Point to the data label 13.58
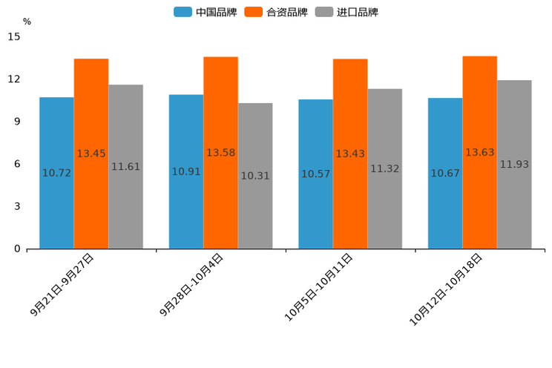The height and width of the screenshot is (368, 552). [220, 153]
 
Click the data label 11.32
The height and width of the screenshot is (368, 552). [384, 169]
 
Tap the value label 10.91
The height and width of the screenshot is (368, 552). [186, 172]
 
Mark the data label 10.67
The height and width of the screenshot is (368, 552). [445, 174]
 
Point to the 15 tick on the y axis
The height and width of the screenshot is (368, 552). [14, 36]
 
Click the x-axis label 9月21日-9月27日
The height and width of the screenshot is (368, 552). [62, 285]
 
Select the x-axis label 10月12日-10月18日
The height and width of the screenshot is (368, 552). [446, 289]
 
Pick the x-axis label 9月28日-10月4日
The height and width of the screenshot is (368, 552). [191, 285]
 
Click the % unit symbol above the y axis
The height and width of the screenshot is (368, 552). [27, 22]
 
